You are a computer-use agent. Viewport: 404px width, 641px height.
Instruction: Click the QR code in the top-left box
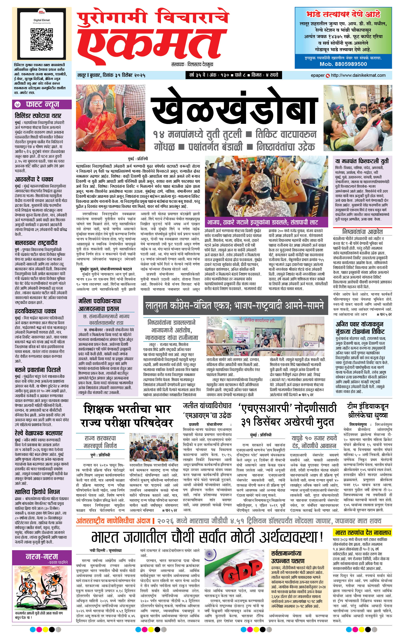click(42, 39)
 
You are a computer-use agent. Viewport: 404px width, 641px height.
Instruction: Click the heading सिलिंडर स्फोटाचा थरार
click(38, 116)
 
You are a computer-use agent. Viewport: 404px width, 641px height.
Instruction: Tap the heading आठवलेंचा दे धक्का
click(34, 179)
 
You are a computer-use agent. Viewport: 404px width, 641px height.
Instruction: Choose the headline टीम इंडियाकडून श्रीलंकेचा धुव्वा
click(368, 411)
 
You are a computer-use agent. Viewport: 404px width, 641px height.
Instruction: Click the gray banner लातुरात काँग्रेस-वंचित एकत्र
click(235, 305)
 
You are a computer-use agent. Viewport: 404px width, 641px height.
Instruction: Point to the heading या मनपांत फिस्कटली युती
click(362, 161)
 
